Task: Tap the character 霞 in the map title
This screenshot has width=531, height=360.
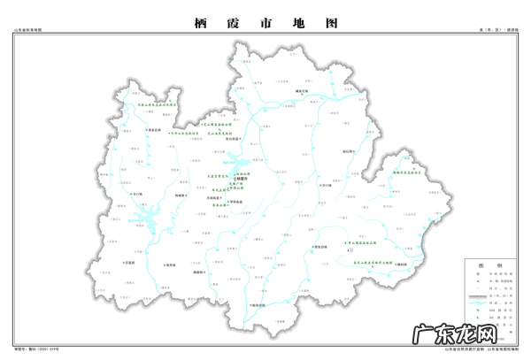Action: [x=232, y=25]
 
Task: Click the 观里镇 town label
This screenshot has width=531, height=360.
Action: [x=169, y=264]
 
